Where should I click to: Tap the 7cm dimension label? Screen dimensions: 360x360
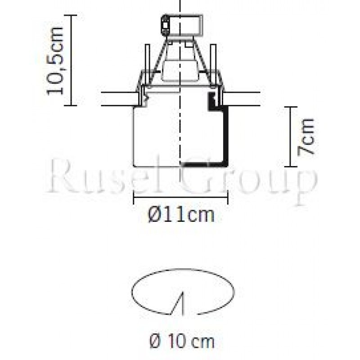[306, 137]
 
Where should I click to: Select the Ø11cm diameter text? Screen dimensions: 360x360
[181, 216]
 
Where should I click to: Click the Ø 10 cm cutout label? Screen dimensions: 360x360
[181, 341]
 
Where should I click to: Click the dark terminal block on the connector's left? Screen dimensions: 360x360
[165, 25]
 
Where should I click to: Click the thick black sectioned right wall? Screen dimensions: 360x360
[225, 135]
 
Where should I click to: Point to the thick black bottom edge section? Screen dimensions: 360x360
[205, 165]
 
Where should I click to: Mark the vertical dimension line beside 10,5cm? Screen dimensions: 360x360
[72, 60]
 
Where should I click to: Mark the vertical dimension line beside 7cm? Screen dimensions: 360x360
[290, 137]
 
